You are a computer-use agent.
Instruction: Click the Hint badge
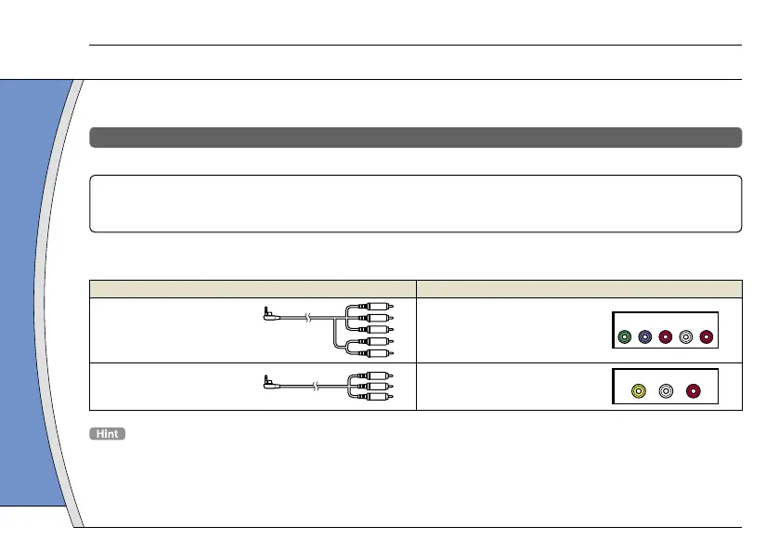pos(108,434)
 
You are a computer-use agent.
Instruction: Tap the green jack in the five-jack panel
pos(625,337)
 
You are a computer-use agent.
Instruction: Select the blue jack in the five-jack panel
pos(645,337)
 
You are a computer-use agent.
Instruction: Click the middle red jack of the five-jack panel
pos(666,337)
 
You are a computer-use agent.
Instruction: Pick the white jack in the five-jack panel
pos(686,337)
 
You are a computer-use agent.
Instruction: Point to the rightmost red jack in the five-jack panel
pos(707,337)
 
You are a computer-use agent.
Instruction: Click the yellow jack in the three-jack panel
pos(638,392)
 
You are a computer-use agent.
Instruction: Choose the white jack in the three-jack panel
pos(666,392)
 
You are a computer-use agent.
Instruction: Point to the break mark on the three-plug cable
pos(317,385)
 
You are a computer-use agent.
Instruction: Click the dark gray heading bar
pos(415,138)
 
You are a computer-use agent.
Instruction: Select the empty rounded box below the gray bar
pos(415,203)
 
